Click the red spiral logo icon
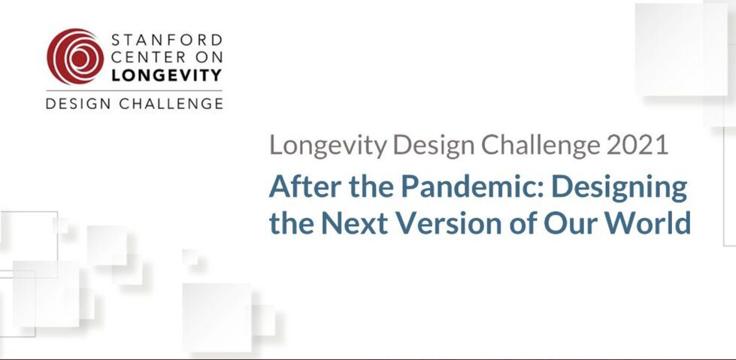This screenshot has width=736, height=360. pos(75,57)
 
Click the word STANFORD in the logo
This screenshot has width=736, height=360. pos(167,40)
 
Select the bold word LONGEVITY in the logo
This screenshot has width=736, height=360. pos(167,74)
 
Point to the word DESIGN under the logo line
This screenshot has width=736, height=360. pos(78,103)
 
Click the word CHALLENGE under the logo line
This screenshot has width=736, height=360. pos(171,103)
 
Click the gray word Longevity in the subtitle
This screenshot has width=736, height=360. pos(328,147)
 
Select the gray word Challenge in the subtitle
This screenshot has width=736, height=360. pos(540,147)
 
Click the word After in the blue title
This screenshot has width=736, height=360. pos(298,187)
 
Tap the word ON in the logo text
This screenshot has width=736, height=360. pos(208,57)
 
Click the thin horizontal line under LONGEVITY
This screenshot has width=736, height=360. pos(134,90)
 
